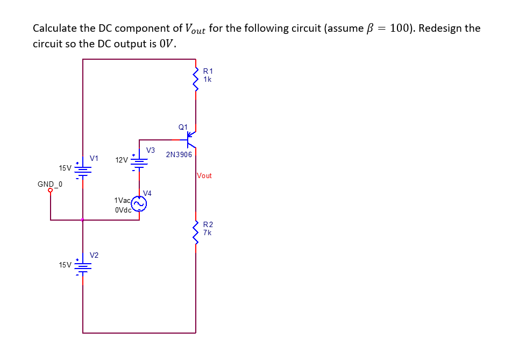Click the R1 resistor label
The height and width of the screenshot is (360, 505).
click(x=208, y=70)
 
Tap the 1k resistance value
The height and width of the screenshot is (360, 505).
click(x=208, y=79)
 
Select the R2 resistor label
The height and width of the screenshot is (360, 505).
click(x=208, y=224)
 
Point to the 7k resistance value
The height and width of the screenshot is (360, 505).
click(x=208, y=232)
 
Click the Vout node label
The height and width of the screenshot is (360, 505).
click(x=204, y=175)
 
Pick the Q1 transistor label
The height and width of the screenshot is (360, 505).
click(x=183, y=127)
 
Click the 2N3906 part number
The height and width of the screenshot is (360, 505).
click(x=179, y=154)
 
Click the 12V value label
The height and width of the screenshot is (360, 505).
click(x=122, y=160)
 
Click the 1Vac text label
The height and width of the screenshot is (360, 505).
click(x=122, y=200)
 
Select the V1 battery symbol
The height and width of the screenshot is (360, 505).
click(x=83, y=171)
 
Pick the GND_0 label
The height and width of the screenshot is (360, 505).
click(x=50, y=184)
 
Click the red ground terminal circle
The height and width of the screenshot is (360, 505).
click(x=51, y=190)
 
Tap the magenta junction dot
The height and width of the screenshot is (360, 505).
click(x=82, y=220)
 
